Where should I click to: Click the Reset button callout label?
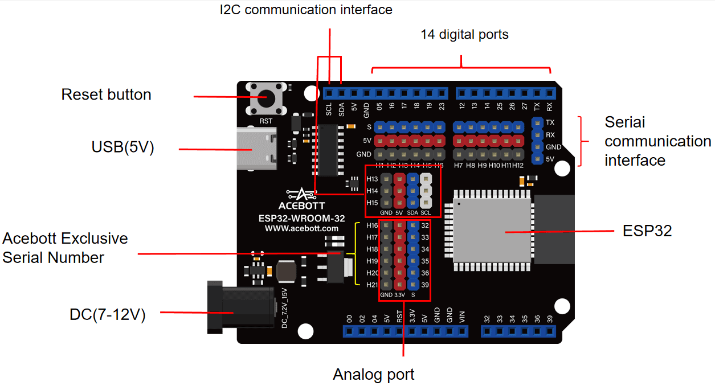(x=106, y=95)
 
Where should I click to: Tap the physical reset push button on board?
(x=266, y=98)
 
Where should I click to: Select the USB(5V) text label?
(x=123, y=147)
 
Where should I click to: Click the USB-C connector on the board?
(x=256, y=149)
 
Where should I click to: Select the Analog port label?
(x=374, y=375)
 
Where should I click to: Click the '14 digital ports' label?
(x=464, y=35)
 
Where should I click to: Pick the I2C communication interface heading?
(x=306, y=10)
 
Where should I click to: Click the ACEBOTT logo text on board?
(x=301, y=205)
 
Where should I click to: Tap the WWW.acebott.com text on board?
(x=301, y=228)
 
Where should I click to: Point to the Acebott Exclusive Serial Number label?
(x=65, y=248)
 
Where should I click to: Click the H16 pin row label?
(x=372, y=226)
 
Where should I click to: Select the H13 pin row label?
(x=372, y=179)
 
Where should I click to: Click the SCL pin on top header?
(x=329, y=93)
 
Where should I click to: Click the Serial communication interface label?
(x=657, y=141)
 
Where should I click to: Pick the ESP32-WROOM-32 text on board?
(x=301, y=218)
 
